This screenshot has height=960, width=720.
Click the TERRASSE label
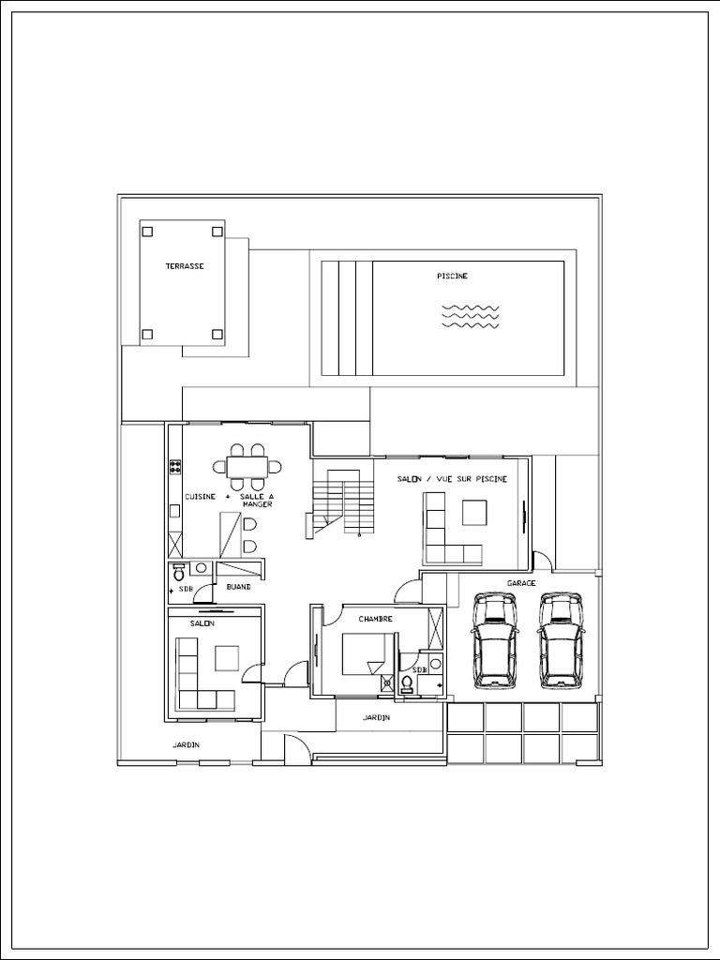(185, 266)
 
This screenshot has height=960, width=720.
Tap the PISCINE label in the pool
(452, 276)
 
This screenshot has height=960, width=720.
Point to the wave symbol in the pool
(470, 317)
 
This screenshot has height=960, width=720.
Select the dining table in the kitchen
(247, 466)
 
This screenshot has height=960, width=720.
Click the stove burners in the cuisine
(174, 465)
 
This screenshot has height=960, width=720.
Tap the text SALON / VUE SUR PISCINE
(452, 479)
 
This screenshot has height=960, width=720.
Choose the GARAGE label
(521, 583)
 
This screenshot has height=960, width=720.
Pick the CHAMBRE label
(375, 619)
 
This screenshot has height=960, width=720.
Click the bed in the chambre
(367, 652)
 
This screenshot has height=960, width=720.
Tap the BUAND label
(238, 587)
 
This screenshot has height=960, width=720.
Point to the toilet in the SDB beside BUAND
(200, 568)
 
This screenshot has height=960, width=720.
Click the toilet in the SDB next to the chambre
(406, 684)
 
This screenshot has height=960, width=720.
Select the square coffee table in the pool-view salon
(473, 512)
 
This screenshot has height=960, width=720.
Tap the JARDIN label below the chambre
(376, 717)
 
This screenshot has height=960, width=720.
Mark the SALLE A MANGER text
(258, 500)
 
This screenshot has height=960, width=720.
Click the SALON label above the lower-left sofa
(202, 623)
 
